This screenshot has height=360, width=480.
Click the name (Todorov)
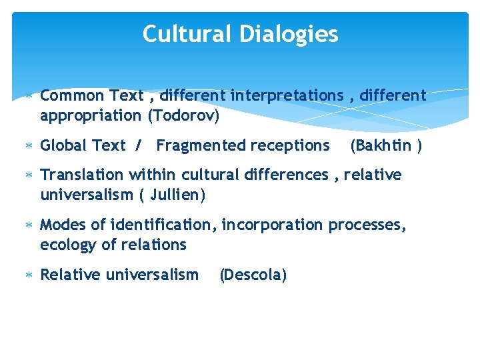[x=183, y=115]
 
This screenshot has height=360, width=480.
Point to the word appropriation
[x=91, y=115]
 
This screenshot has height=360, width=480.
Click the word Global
[x=64, y=145]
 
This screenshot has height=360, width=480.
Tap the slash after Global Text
[x=138, y=145]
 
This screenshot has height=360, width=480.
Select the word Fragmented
[x=201, y=145]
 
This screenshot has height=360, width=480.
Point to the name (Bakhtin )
[x=386, y=145]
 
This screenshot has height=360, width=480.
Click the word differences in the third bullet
[x=291, y=175]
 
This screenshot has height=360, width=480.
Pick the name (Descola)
[x=253, y=275]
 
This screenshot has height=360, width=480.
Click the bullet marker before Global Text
[x=28, y=146]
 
